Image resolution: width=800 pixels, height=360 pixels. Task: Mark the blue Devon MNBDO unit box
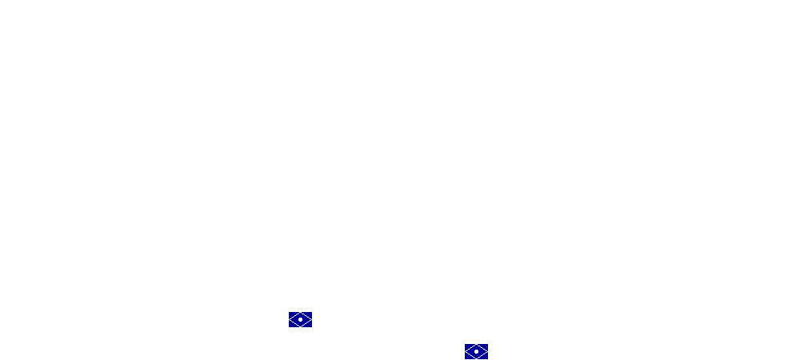(300, 319)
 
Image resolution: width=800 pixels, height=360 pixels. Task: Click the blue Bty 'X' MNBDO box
(476, 351)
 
